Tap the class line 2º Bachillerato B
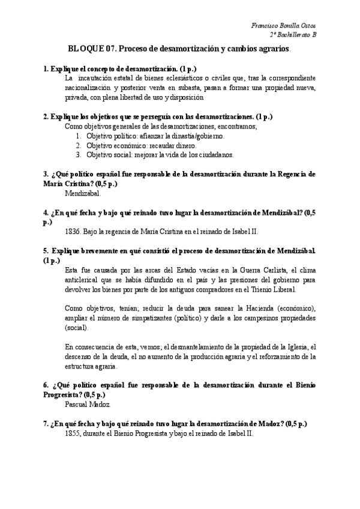click(292, 35)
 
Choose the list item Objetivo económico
click(117, 145)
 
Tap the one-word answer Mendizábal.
click(82, 193)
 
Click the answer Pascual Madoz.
click(85, 405)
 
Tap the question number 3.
click(46, 174)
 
